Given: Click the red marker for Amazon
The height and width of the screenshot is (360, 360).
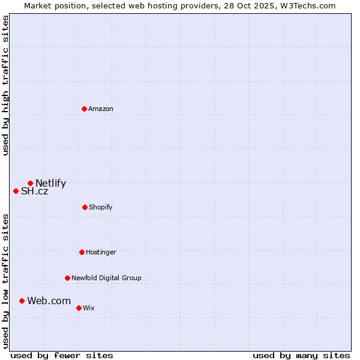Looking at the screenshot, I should pos(85,109).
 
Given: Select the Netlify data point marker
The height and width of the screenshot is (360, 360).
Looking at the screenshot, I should pos(30,183).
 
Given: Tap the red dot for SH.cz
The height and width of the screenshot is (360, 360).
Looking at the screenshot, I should pos(16,191).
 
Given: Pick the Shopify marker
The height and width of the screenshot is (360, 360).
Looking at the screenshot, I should pos(85,207).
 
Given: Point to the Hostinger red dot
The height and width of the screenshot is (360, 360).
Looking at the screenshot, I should pos(82,252).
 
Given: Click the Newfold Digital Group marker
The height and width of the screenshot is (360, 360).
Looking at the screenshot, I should pos(67,278).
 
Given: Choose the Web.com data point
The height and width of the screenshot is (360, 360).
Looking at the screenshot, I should pos(22,301).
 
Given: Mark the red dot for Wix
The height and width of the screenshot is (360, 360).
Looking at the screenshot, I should pos(79,308).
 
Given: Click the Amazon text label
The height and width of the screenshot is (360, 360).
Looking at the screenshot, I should pos(101,109).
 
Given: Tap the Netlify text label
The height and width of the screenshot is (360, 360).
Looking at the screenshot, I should pos(50,184).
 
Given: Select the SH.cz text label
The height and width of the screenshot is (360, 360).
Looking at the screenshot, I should pos(34,191).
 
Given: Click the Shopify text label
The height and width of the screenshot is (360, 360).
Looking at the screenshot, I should pos(101,207).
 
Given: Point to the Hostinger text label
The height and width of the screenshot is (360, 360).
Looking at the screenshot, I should pos(101,252).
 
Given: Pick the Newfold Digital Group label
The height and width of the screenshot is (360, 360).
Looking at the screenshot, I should pos(106,278).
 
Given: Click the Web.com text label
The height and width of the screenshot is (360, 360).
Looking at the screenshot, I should pos(49,301).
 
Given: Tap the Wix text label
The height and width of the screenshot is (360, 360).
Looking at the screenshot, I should pos(89,308).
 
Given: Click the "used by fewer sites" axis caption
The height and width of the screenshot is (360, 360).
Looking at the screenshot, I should pos(62,355).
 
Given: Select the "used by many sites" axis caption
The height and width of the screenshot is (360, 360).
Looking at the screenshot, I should pos(301,355).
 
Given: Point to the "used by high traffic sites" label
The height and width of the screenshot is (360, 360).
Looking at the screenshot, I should pos(5,85).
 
